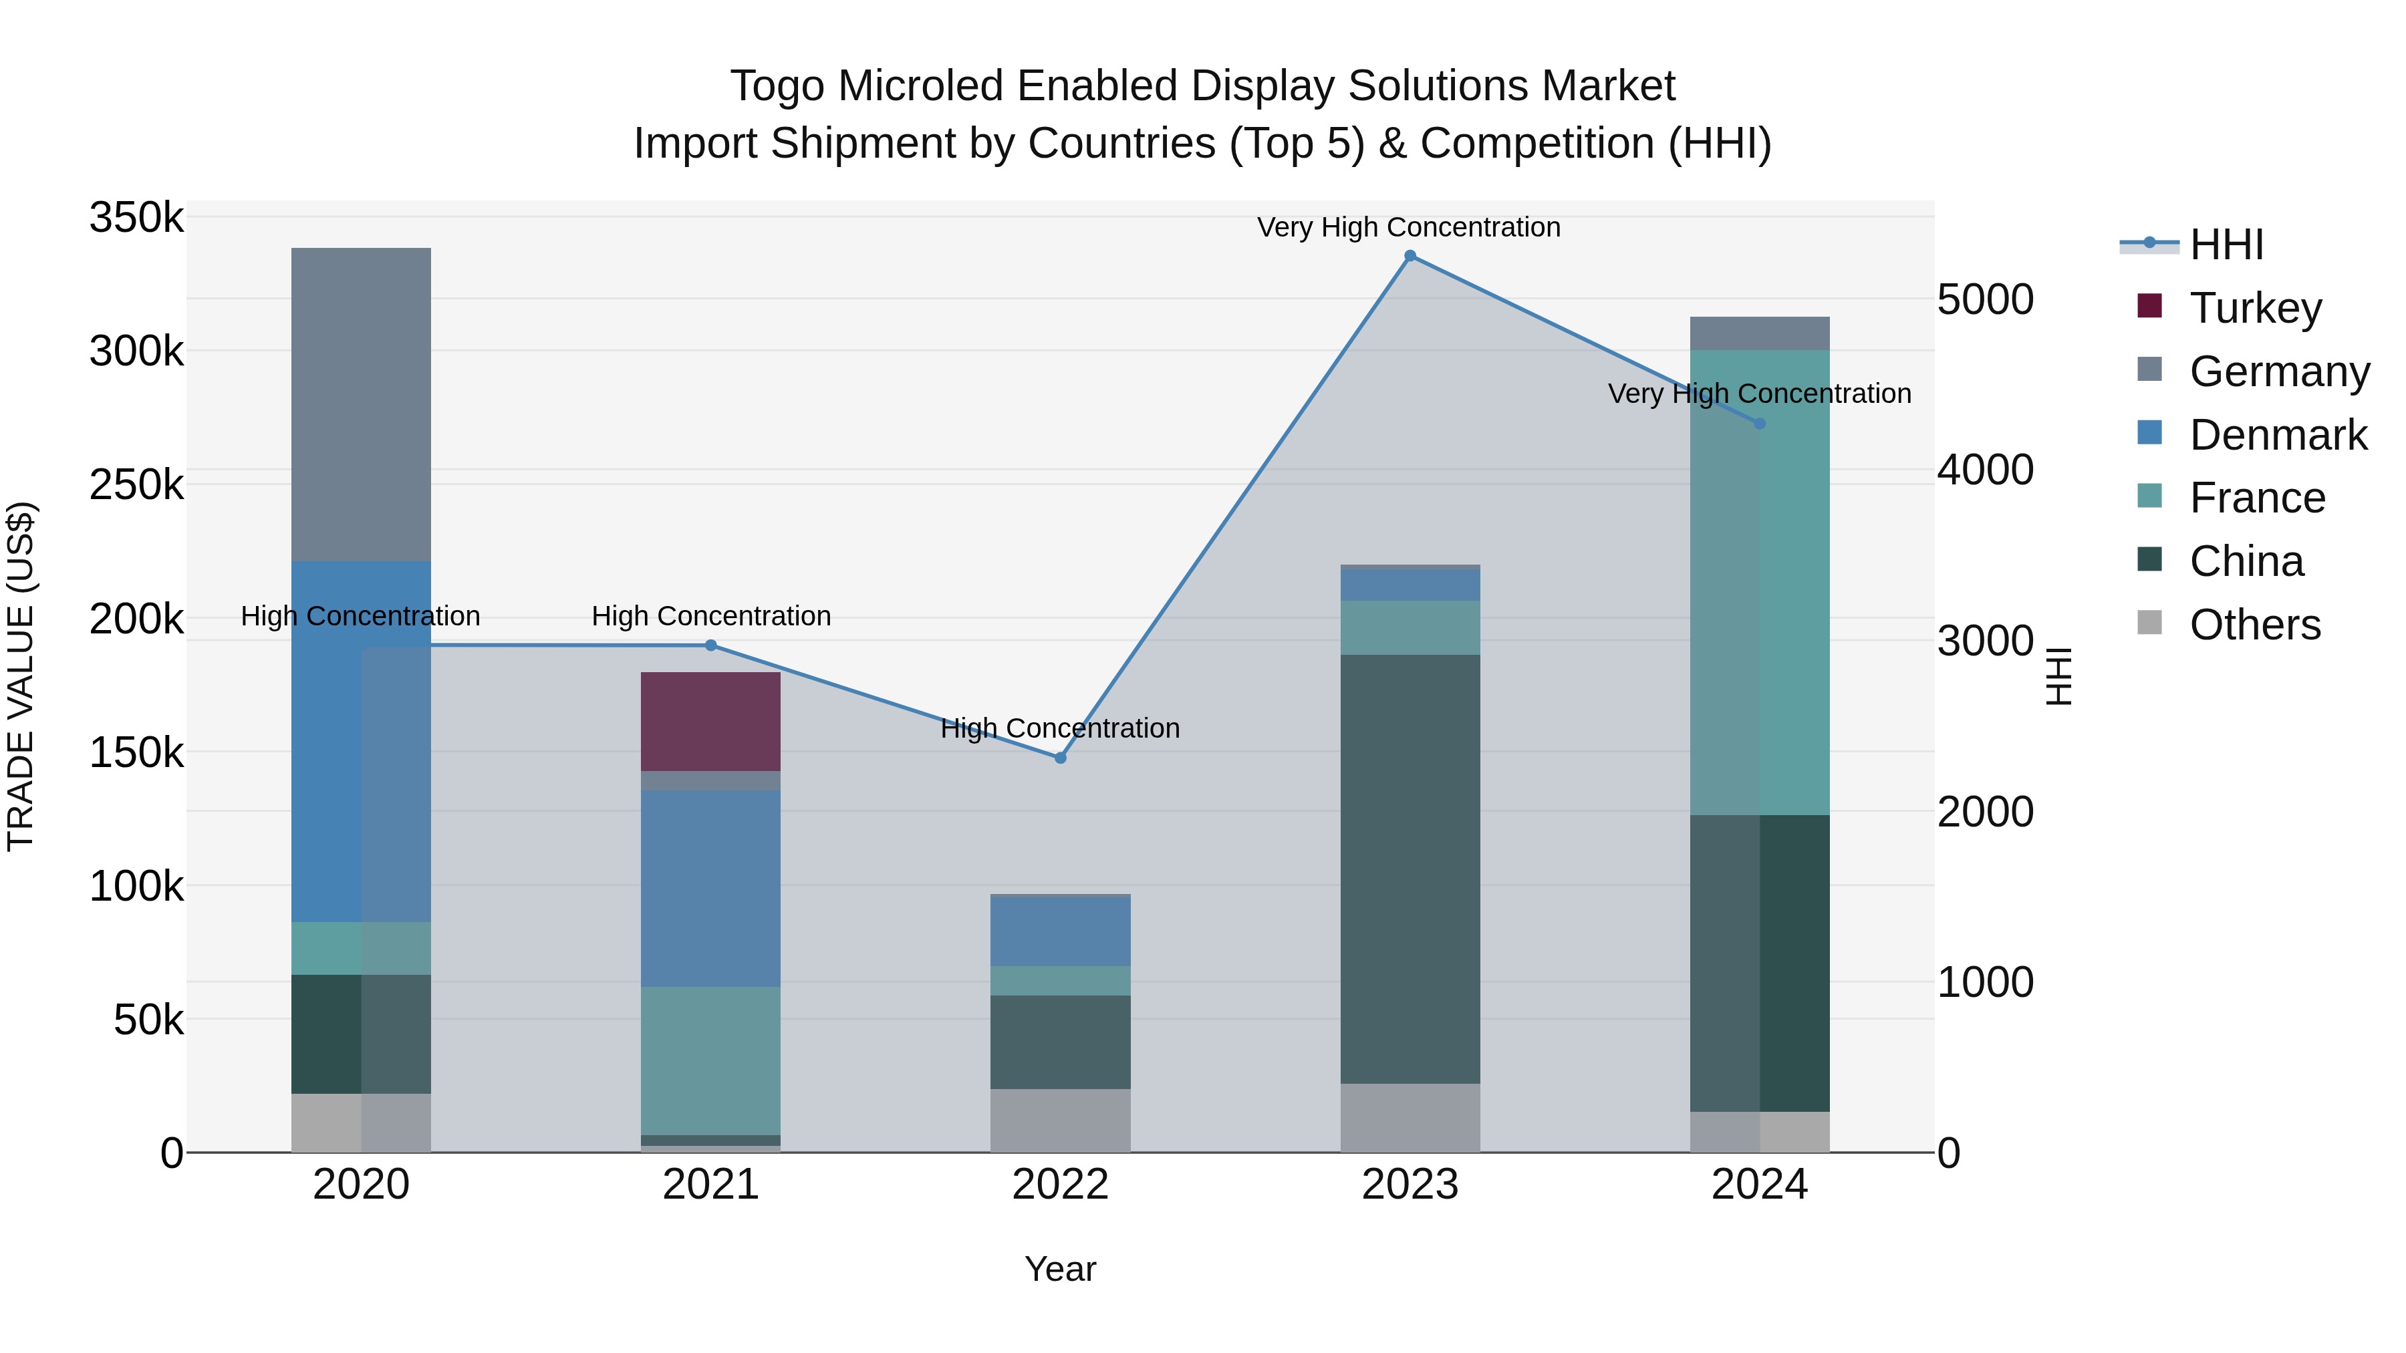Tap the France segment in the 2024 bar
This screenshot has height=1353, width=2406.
(x=1759, y=582)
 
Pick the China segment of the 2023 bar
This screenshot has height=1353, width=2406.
(x=1410, y=869)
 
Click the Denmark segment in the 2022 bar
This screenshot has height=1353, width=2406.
(x=1060, y=930)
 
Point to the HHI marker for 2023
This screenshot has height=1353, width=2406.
(x=1410, y=256)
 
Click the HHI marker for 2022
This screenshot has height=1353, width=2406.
(x=1060, y=758)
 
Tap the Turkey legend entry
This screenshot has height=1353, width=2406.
(x=2255, y=308)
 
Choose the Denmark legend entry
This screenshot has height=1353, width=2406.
(x=2277, y=435)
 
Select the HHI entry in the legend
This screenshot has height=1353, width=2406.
(x=2226, y=245)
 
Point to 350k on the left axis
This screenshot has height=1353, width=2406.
(x=136, y=218)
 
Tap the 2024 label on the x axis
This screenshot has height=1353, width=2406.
(x=1759, y=1185)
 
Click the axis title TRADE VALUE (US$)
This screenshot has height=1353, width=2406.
(x=21, y=676)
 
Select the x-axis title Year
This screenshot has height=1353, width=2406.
(x=1060, y=1269)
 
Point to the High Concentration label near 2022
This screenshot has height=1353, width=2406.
(x=1060, y=728)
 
